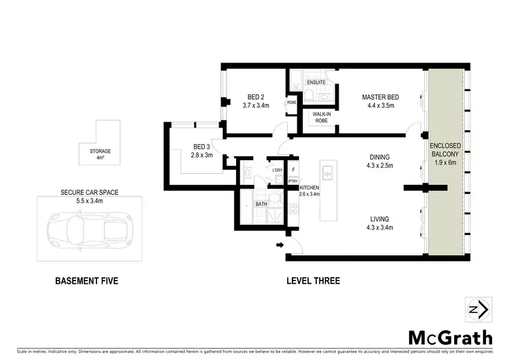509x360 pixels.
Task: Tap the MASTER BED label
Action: (380, 97)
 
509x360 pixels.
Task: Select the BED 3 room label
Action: (202, 146)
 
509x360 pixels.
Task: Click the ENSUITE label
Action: (316, 82)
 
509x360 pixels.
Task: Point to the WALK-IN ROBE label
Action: (321, 117)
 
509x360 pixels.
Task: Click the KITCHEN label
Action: (309, 187)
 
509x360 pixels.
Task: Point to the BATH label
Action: (261, 204)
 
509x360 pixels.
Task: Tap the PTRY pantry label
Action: (293, 181)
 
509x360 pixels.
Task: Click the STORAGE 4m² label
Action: (100, 154)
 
